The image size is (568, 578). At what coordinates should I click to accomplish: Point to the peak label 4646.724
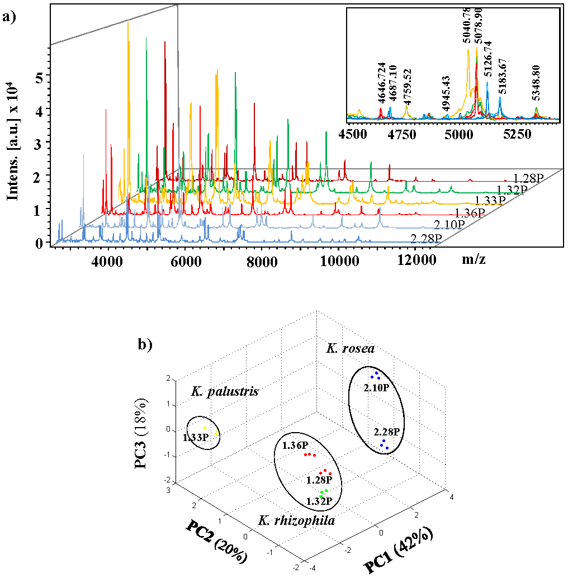[381, 83]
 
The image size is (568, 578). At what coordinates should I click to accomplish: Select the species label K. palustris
[225, 391]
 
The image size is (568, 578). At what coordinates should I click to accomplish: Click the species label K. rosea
[351, 348]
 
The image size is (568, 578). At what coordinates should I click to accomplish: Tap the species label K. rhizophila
[297, 520]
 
